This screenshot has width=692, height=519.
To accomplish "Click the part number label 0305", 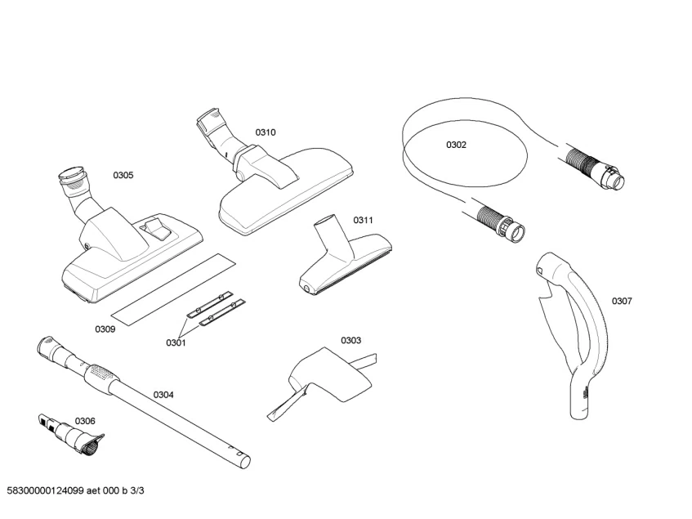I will [x=123, y=175].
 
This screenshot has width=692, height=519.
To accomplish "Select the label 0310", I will [x=266, y=132].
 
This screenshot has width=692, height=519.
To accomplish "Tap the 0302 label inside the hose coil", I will [x=456, y=145].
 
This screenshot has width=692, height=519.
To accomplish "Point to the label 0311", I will [x=363, y=220].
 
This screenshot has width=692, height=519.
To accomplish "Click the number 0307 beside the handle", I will [x=622, y=301].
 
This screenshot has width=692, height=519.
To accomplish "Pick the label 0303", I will [x=351, y=340].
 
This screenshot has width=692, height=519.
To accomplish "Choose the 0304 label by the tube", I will [x=163, y=395].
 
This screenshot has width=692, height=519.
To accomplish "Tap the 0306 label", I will [x=85, y=421].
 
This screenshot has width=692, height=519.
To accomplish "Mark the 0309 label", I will [x=105, y=329].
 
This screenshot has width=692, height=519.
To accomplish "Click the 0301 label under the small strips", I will [x=176, y=343].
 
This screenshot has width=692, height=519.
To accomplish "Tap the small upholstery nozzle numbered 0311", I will [x=342, y=262].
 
